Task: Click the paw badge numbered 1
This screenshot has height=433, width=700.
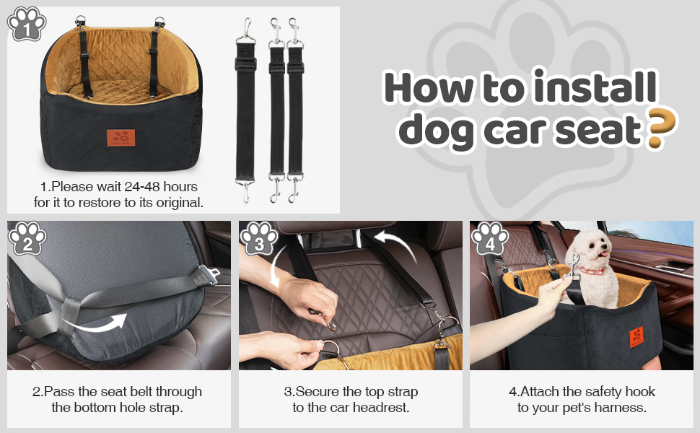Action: pyautogui.click(x=27, y=24)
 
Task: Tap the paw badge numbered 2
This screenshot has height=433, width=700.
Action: pyautogui.click(x=27, y=238)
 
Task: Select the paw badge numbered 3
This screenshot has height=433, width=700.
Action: pyautogui.click(x=259, y=238)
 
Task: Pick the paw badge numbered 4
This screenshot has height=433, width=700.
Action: pyautogui.click(x=490, y=238)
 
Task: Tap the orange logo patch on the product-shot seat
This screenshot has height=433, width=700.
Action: pyautogui.click(x=121, y=138)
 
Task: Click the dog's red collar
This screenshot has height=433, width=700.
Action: pyautogui.click(x=592, y=271)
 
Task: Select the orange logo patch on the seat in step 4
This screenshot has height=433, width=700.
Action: pyautogui.click(x=636, y=336)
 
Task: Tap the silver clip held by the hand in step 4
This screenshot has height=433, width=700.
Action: pyautogui.click(x=572, y=266)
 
